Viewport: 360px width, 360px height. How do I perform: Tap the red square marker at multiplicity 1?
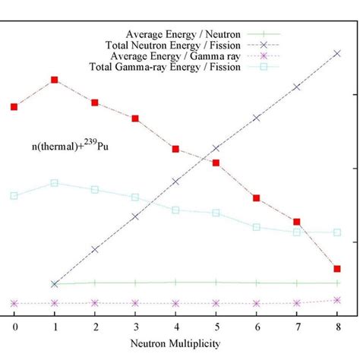[55, 80]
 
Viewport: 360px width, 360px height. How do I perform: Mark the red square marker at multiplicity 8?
[336, 269]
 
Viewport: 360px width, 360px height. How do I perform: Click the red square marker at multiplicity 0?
[14, 107]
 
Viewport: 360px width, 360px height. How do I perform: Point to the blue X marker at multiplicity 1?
[55, 284]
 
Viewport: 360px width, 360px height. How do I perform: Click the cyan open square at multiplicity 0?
[14, 196]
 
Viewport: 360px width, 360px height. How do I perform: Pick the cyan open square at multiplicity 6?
[256, 227]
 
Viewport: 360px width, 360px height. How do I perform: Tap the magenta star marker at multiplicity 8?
[336, 300]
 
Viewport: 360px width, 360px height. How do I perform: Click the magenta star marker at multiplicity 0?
[14, 303]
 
